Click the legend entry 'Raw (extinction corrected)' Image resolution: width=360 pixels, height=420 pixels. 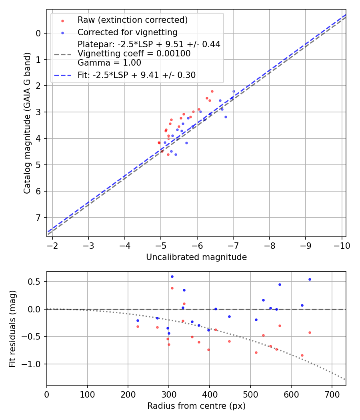pyautogui.click(x=132, y=20)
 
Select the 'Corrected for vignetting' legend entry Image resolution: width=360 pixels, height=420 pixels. pyautogui.click(x=127, y=32)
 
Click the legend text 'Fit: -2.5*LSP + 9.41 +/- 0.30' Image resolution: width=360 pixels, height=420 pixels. pyautogui.click(x=136, y=75)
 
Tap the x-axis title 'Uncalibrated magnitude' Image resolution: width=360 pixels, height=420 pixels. pyautogui.click(x=196, y=257)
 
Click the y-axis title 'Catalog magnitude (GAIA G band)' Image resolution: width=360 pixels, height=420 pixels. pyautogui.click(x=27, y=123)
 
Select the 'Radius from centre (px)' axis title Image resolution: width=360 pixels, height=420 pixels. pyautogui.click(x=196, y=406)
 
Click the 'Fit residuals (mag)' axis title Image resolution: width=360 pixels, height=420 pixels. pyautogui.click(x=13, y=329)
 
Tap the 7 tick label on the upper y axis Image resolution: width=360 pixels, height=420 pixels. pyautogui.click(x=38, y=218)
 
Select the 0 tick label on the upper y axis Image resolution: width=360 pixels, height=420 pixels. pyautogui.click(x=38, y=33)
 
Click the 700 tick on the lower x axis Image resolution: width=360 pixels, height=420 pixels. pyautogui.click(x=332, y=394)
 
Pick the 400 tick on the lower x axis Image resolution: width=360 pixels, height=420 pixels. pyautogui.click(x=210, y=394)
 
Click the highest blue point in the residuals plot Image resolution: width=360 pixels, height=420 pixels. pyautogui.click(x=172, y=276)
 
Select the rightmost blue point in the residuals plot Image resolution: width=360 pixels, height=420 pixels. pyautogui.click(x=310, y=279)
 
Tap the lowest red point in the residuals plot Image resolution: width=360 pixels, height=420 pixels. pyautogui.click(x=302, y=355)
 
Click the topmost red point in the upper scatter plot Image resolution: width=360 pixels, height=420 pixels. pyautogui.click(x=212, y=91)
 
